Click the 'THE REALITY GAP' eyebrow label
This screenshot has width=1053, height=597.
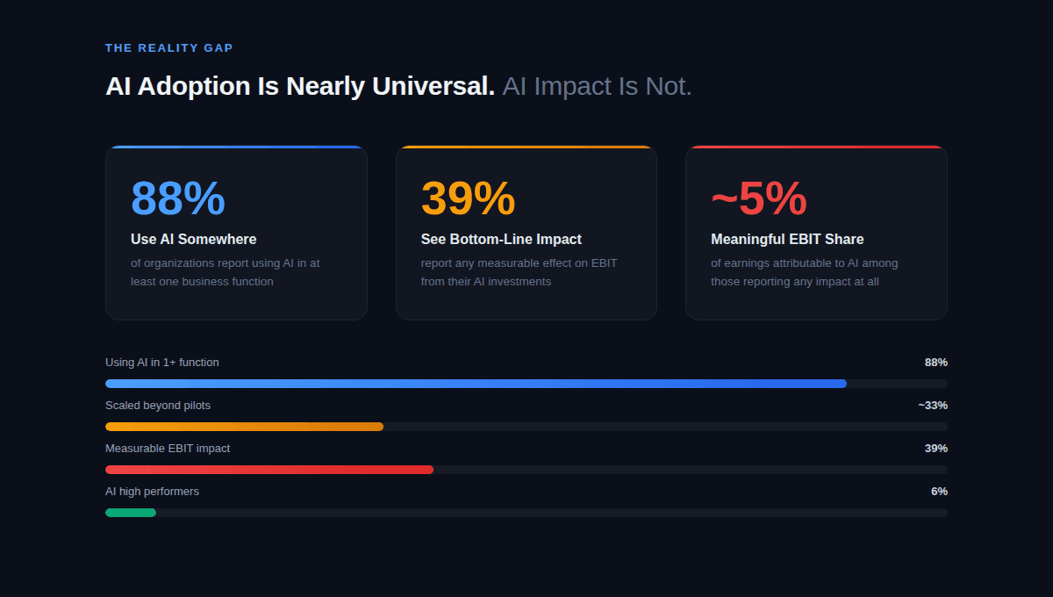(x=168, y=48)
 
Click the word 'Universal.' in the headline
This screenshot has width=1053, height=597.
(x=433, y=86)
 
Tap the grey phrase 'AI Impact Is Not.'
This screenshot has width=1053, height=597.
(x=597, y=86)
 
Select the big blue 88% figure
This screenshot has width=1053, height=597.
(x=178, y=198)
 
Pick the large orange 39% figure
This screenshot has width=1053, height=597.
(x=468, y=198)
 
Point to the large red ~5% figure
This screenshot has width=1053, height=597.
(x=758, y=198)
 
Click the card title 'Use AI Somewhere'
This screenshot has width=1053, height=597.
(x=193, y=239)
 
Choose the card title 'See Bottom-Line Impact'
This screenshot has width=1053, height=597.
(x=501, y=239)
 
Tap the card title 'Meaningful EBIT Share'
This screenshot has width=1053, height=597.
(x=787, y=239)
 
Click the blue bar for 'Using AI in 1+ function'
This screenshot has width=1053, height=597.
(x=476, y=384)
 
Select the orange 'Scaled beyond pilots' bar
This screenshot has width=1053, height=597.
(x=244, y=427)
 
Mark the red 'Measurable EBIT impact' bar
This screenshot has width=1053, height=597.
(x=269, y=470)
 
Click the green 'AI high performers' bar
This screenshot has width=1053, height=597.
(x=131, y=513)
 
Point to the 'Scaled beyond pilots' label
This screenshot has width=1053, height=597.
(x=158, y=406)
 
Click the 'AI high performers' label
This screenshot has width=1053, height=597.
(x=152, y=492)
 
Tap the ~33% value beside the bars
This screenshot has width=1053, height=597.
(x=933, y=406)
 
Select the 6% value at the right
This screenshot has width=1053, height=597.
(x=939, y=492)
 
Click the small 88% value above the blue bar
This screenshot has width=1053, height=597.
(x=935, y=363)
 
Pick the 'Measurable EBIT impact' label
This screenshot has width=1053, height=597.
(x=168, y=449)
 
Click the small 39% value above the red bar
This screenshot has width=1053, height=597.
(x=935, y=449)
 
